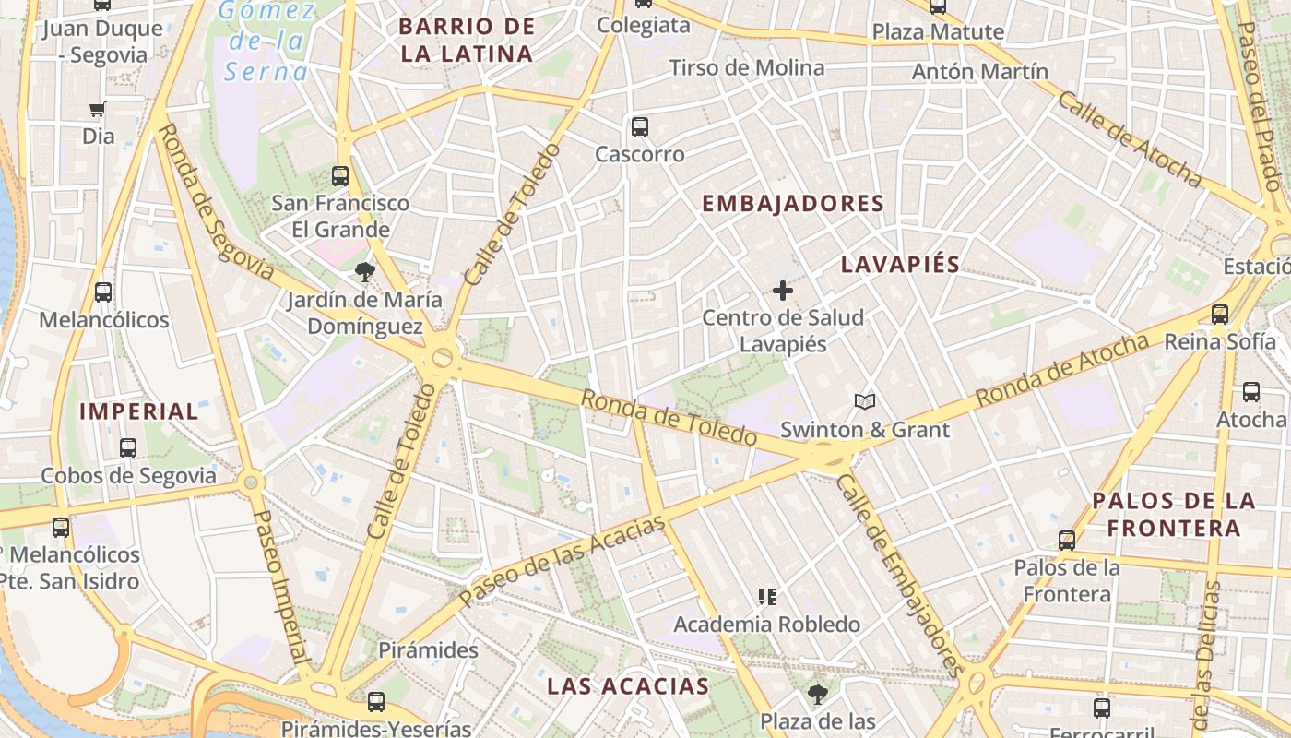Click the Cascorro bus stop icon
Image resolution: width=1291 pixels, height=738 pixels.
click(639, 127)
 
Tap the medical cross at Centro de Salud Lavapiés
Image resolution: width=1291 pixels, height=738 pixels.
click(783, 291)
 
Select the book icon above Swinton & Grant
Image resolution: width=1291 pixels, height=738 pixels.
click(864, 401)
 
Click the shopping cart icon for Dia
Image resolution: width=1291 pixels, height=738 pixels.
click(98, 111)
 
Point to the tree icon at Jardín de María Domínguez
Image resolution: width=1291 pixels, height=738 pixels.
click(365, 271)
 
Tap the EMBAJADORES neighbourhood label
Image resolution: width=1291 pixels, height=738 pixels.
click(793, 204)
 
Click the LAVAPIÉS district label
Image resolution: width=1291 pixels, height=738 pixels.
click(900, 265)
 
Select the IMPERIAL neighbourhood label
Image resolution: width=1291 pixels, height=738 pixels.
click(139, 411)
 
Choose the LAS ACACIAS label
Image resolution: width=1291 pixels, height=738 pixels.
click(628, 686)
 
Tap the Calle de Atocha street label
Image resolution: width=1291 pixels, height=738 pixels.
click(1129, 139)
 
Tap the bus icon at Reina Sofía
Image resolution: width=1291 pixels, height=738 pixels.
click(1220, 314)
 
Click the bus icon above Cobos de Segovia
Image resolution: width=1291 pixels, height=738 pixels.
click(128, 448)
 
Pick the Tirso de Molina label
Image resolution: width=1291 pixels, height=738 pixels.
click(747, 67)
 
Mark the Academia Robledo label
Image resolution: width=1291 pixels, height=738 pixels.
click(766, 625)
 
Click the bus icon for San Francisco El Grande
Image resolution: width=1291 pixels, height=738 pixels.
click(340, 175)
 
